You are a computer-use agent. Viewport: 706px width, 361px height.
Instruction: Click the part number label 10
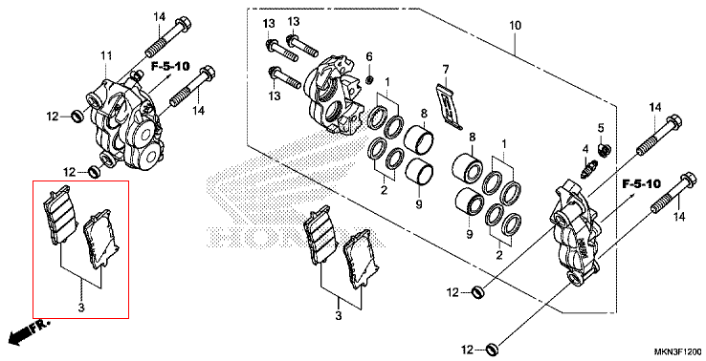[515, 26]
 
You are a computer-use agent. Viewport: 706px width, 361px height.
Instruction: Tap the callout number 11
[106, 56]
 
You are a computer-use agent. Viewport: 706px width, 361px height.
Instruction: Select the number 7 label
[445, 70]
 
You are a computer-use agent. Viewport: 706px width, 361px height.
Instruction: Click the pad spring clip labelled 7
[449, 107]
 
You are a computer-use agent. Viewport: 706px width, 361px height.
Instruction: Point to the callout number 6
[369, 56]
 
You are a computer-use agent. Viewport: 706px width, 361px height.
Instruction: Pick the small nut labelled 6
[369, 80]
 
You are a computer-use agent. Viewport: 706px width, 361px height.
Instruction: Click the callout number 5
[601, 128]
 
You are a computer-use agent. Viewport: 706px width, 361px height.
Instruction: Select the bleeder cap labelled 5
[605, 148]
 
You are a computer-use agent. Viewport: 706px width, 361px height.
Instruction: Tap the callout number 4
[585, 149]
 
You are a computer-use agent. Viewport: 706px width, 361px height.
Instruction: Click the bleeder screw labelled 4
[587, 169]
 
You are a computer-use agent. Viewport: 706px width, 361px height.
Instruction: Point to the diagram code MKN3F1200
[677, 351]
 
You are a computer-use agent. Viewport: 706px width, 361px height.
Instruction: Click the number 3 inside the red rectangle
[81, 308]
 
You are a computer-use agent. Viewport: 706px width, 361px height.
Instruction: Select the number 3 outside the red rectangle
[338, 316]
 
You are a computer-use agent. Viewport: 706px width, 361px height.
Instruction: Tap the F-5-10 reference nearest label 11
[170, 67]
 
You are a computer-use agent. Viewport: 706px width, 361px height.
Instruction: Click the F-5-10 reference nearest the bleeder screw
[641, 183]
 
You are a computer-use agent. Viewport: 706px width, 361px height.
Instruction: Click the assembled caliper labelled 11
[125, 123]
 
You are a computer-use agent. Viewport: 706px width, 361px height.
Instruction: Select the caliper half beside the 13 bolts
[334, 96]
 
